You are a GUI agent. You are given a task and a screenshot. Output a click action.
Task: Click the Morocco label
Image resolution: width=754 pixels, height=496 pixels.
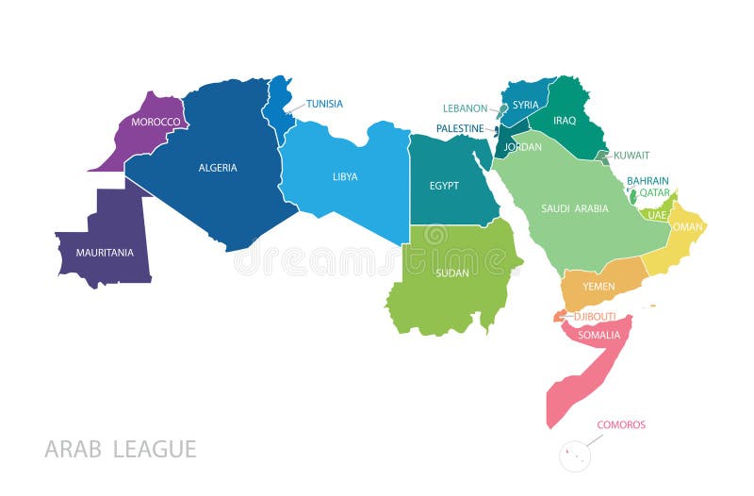(156, 123)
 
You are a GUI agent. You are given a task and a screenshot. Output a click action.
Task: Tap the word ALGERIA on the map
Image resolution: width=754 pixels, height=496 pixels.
(218, 168)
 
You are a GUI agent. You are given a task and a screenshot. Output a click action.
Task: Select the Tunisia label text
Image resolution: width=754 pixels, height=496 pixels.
(324, 104)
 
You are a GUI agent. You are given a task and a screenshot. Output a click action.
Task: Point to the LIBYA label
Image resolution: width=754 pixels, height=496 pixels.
(345, 176)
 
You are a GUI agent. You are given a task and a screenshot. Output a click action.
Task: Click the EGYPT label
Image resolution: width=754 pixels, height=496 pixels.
(444, 186)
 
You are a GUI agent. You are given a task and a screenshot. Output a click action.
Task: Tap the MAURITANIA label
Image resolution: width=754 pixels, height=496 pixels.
(105, 253)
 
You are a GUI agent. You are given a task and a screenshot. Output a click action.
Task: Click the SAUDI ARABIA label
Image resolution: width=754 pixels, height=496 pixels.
(575, 208)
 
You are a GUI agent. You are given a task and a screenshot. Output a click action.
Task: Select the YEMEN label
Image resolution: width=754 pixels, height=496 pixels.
(598, 287)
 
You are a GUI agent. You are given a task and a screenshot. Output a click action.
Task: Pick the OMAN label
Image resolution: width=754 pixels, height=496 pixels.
(688, 226)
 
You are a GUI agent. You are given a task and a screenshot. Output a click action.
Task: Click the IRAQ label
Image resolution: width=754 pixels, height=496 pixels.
(565, 121)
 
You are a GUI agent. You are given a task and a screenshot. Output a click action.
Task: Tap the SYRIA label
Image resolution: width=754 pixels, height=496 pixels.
(525, 106)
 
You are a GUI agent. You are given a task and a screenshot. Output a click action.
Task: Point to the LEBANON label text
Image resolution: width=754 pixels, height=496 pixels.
(466, 108)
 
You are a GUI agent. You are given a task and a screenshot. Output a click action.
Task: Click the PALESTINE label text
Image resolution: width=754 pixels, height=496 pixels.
(460, 128)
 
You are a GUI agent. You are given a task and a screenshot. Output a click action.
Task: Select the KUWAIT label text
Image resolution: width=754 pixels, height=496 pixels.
(631, 156)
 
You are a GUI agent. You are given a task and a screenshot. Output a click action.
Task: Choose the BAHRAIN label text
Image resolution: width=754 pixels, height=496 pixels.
(648, 181)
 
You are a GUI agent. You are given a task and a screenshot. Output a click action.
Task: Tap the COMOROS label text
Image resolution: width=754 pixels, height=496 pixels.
(621, 425)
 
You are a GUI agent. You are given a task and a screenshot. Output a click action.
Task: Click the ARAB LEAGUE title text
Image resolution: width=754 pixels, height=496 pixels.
(121, 449)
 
